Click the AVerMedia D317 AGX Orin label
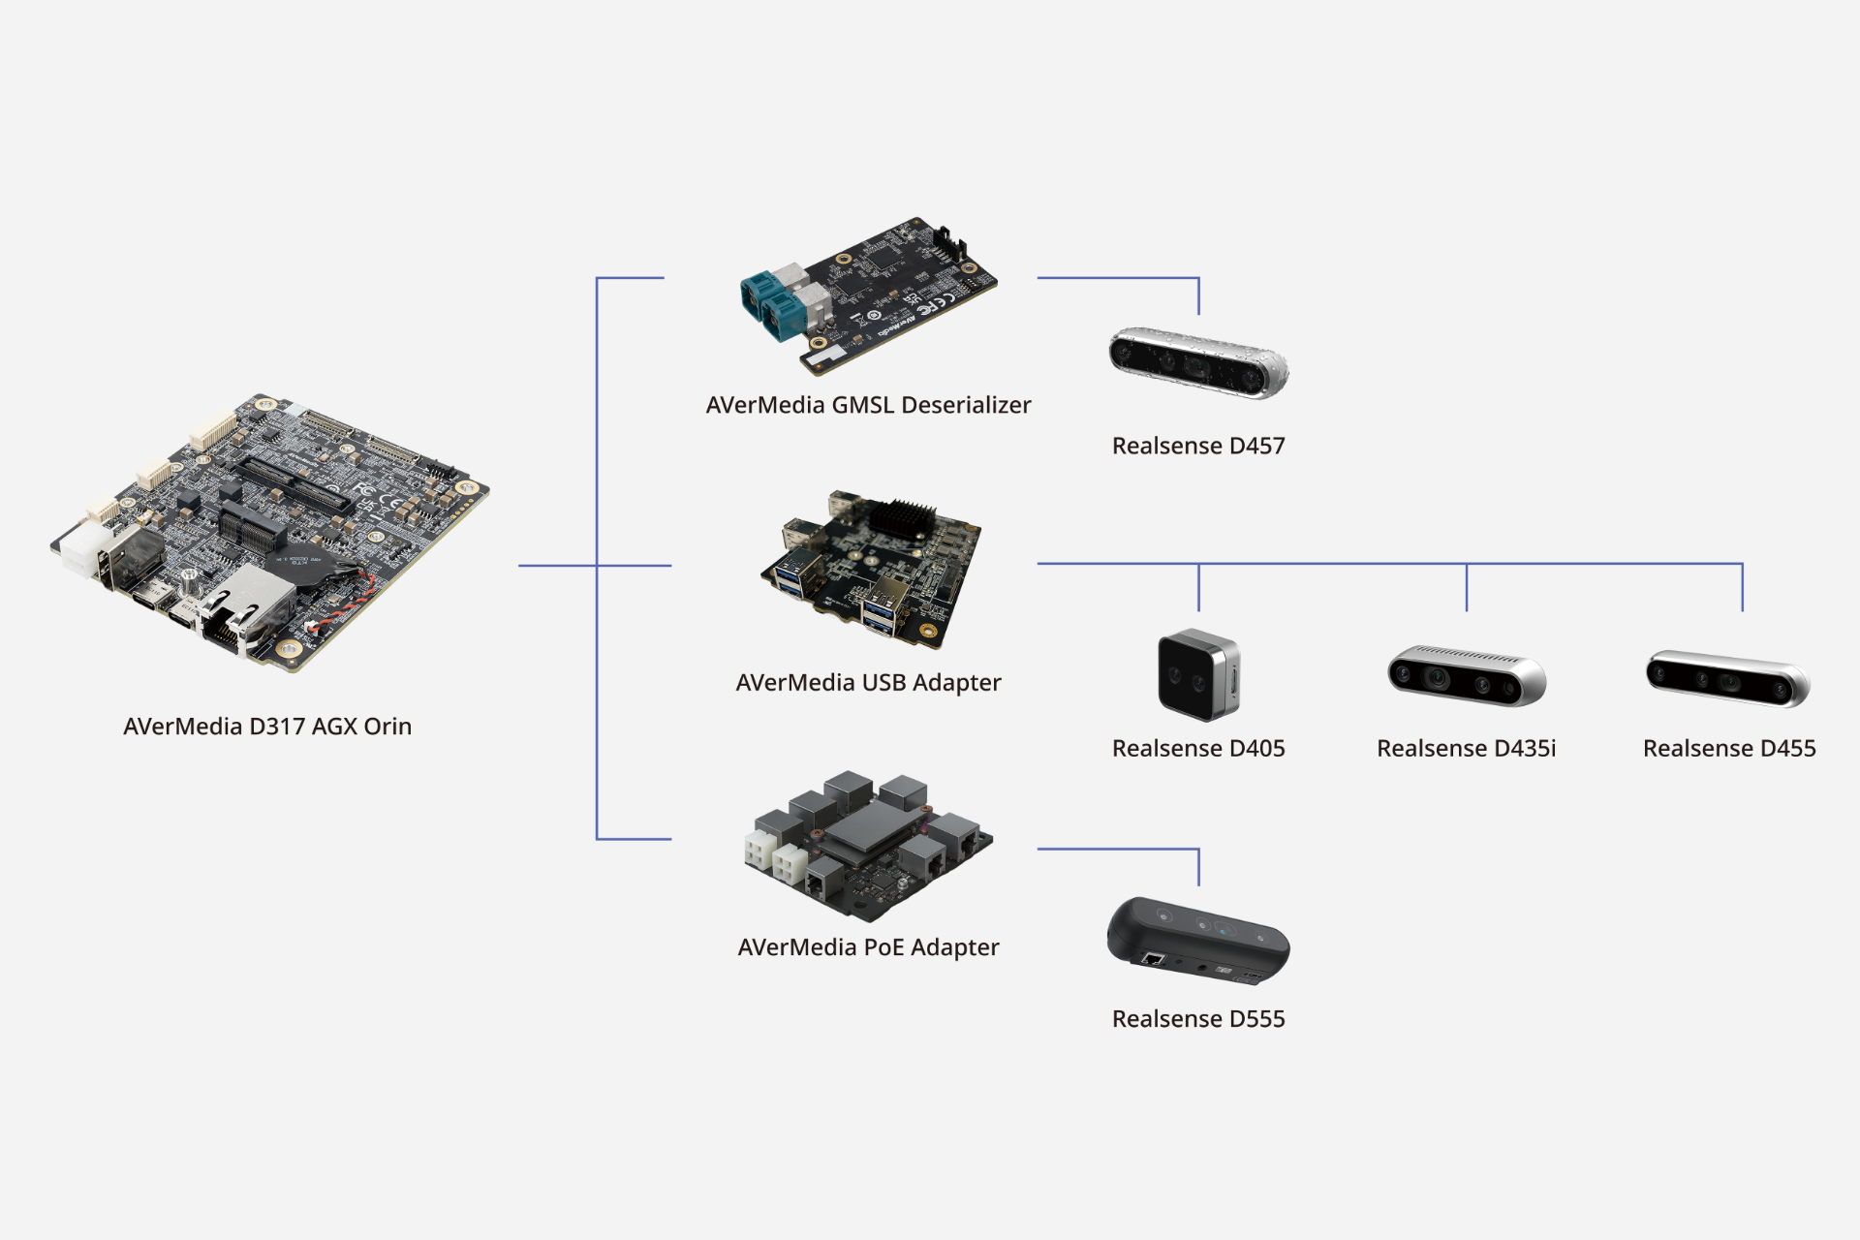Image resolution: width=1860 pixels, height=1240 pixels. [267, 727]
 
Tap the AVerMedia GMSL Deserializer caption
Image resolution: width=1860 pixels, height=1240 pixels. [868, 405]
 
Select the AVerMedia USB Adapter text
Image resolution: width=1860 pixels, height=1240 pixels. [868, 683]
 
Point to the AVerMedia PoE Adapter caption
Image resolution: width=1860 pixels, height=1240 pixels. [868, 947]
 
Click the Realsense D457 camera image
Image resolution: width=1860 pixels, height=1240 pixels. [1198, 362]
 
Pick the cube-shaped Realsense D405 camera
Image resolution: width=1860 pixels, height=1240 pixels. [1198, 675]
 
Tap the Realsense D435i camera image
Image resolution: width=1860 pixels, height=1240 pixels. [1466, 675]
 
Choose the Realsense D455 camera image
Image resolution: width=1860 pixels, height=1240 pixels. [1727, 677]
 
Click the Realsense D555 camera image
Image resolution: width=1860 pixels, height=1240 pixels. [1198, 940]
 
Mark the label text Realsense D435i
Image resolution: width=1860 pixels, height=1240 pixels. [1466, 749]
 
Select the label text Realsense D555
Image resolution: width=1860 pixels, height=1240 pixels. [1198, 1019]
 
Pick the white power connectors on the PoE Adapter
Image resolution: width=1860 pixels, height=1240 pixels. [776, 857]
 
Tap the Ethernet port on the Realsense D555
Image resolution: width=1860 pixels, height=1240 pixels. [1153, 960]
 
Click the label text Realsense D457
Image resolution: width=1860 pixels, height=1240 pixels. [1198, 447]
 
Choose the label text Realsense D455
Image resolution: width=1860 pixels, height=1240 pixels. [1729, 749]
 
